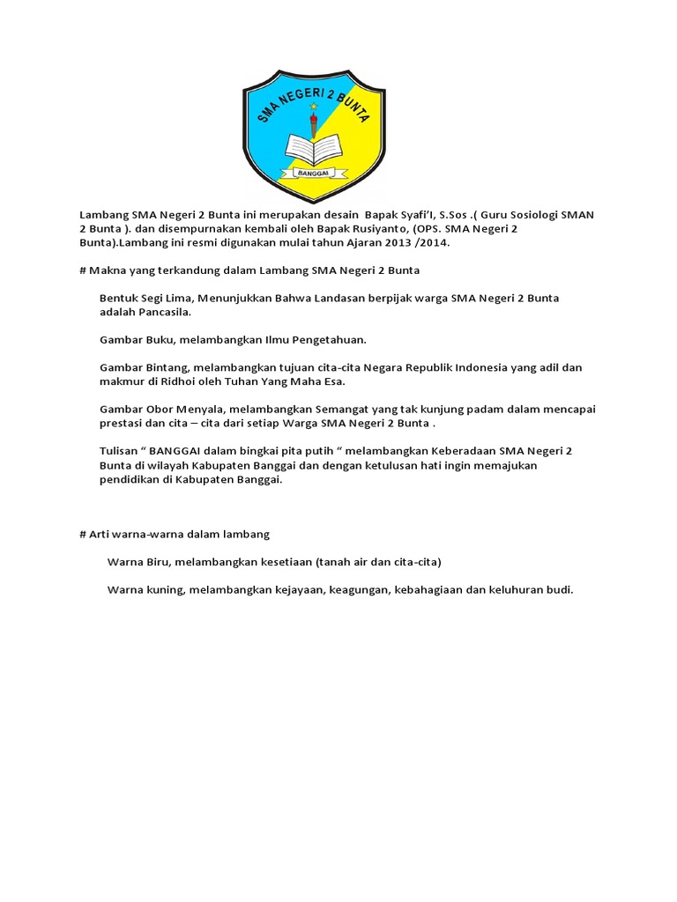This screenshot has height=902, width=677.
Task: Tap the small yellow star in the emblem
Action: click(313, 107)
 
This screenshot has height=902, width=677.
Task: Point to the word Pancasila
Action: click(161, 312)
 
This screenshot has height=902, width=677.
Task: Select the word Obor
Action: click(157, 409)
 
